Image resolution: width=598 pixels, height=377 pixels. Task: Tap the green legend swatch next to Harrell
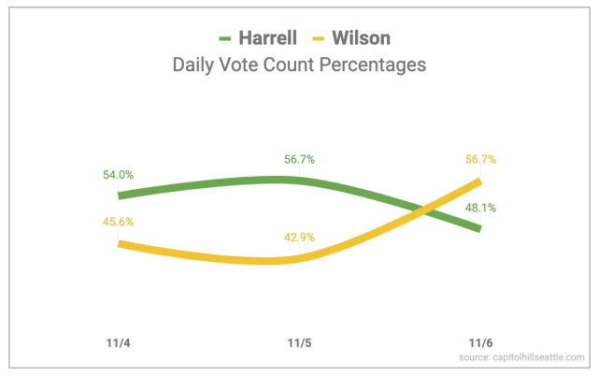pyautogui.click(x=227, y=39)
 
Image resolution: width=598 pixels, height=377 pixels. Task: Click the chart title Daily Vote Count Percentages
pyautogui.click(x=298, y=65)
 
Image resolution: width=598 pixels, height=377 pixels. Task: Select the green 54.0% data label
pyautogui.click(x=119, y=175)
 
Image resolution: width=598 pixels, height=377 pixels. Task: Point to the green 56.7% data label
pyautogui.click(x=299, y=159)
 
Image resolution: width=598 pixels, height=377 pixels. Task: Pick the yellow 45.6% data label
pyautogui.click(x=119, y=221)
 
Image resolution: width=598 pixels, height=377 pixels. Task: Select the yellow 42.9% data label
pyautogui.click(x=299, y=238)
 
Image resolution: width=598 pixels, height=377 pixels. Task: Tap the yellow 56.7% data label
pyautogui.click(x=480, y=159)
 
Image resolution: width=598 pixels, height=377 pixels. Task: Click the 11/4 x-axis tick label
pyautogui.click(x=119, y=341)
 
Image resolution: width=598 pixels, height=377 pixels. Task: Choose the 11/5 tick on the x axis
pyautogui.click(x=299, y=341)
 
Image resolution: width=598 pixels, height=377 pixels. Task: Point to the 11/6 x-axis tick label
pyautogui.click(x=479, y=341)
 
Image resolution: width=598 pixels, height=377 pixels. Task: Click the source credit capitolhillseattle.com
pyautogui.click(x=521, y=357)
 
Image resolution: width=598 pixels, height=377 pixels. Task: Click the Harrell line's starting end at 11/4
pyautogui.click(x=120, y=196)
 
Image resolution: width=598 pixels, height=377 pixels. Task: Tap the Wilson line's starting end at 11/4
pyautogui.click(x=120, y=243)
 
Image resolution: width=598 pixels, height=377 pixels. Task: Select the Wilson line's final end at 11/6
pyautogui.click(x=479, y=181)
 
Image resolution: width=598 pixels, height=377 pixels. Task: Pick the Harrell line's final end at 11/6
pyautogui.click(x=479, y=228)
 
